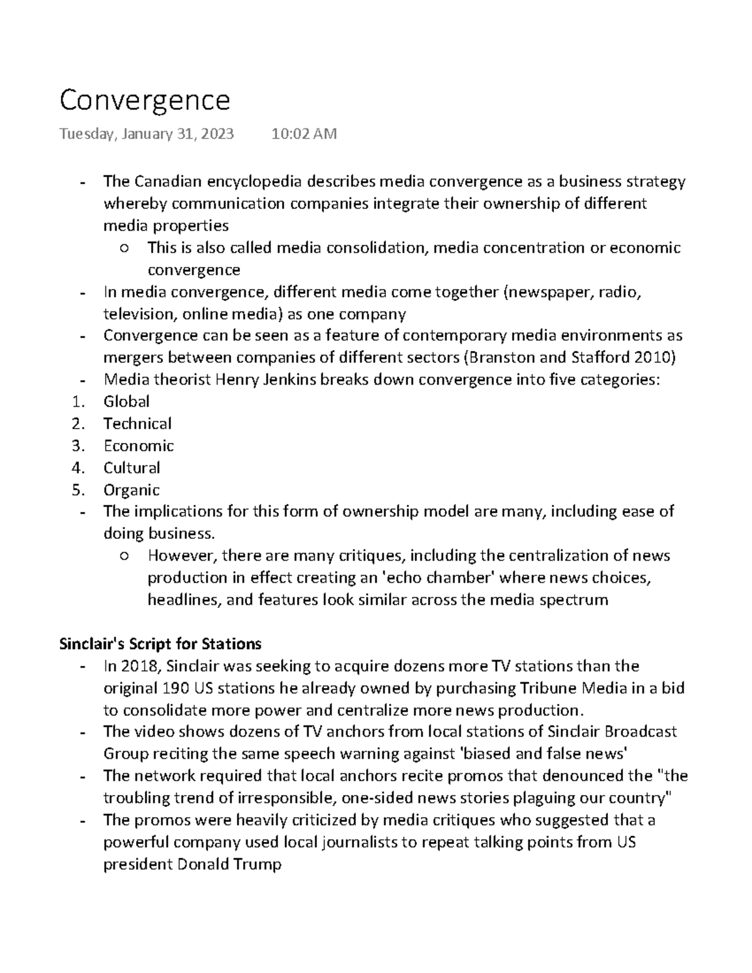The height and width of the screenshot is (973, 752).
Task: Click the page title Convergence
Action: point(145,100)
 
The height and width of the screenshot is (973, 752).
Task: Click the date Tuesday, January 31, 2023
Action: point(147,133)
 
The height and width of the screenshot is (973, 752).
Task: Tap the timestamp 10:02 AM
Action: point(304,133)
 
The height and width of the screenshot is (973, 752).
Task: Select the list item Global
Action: point(127,402)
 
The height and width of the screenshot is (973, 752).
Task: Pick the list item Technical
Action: point(137,424)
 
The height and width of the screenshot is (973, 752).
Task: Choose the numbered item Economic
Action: point(138,445)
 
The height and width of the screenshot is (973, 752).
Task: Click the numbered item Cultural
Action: point(132,467)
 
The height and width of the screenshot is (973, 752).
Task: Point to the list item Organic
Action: point(132,489)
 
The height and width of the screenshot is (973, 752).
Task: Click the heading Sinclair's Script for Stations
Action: point(160,643)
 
